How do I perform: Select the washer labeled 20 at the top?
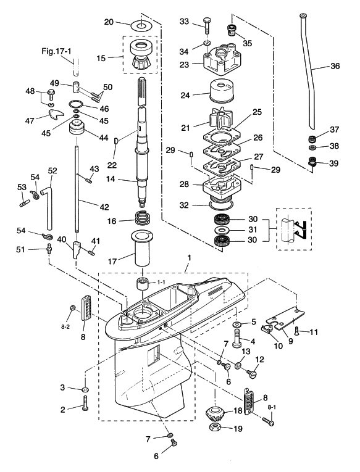141,25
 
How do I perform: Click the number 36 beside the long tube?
335,65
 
